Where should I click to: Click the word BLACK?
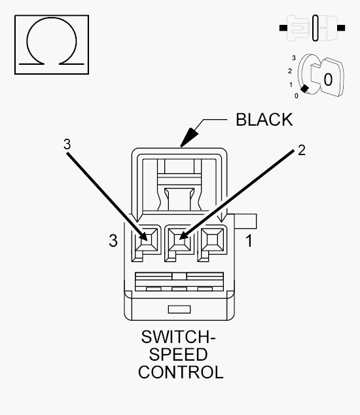264,120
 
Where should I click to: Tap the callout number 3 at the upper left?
67,145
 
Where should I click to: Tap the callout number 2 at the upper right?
302,151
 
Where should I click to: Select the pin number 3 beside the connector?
113,241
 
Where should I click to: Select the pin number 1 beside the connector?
249,241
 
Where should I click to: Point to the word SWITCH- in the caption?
178,337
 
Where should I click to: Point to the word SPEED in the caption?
178,355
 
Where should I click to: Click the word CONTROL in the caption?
181,372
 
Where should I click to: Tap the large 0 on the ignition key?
328,79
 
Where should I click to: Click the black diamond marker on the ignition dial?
304,88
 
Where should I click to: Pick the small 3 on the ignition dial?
294,58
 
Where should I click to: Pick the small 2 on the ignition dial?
290,71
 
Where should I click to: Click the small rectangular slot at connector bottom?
179,310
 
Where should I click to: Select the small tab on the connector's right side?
245,221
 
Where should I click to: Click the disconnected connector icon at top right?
312,27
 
